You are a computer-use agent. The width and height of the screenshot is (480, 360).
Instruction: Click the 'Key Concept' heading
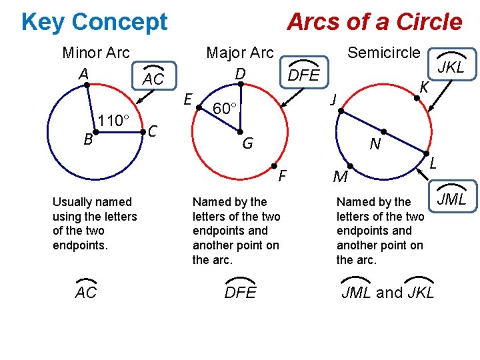point(94,22)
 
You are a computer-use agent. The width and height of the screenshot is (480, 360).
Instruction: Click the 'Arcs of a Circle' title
point(374,22)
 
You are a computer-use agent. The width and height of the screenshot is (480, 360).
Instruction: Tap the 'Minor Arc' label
point(95,53)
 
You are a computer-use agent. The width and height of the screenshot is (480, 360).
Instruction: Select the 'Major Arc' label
point(240,53)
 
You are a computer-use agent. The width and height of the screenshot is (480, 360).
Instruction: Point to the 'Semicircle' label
point(384,53)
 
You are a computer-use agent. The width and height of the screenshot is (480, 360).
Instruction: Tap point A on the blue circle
point(87,85)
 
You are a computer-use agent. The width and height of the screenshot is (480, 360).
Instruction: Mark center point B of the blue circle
point(95,133)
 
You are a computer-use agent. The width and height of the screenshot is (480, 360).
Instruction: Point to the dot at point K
point(417,98)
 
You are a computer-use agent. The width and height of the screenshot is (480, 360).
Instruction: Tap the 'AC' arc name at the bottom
point(86,291)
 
